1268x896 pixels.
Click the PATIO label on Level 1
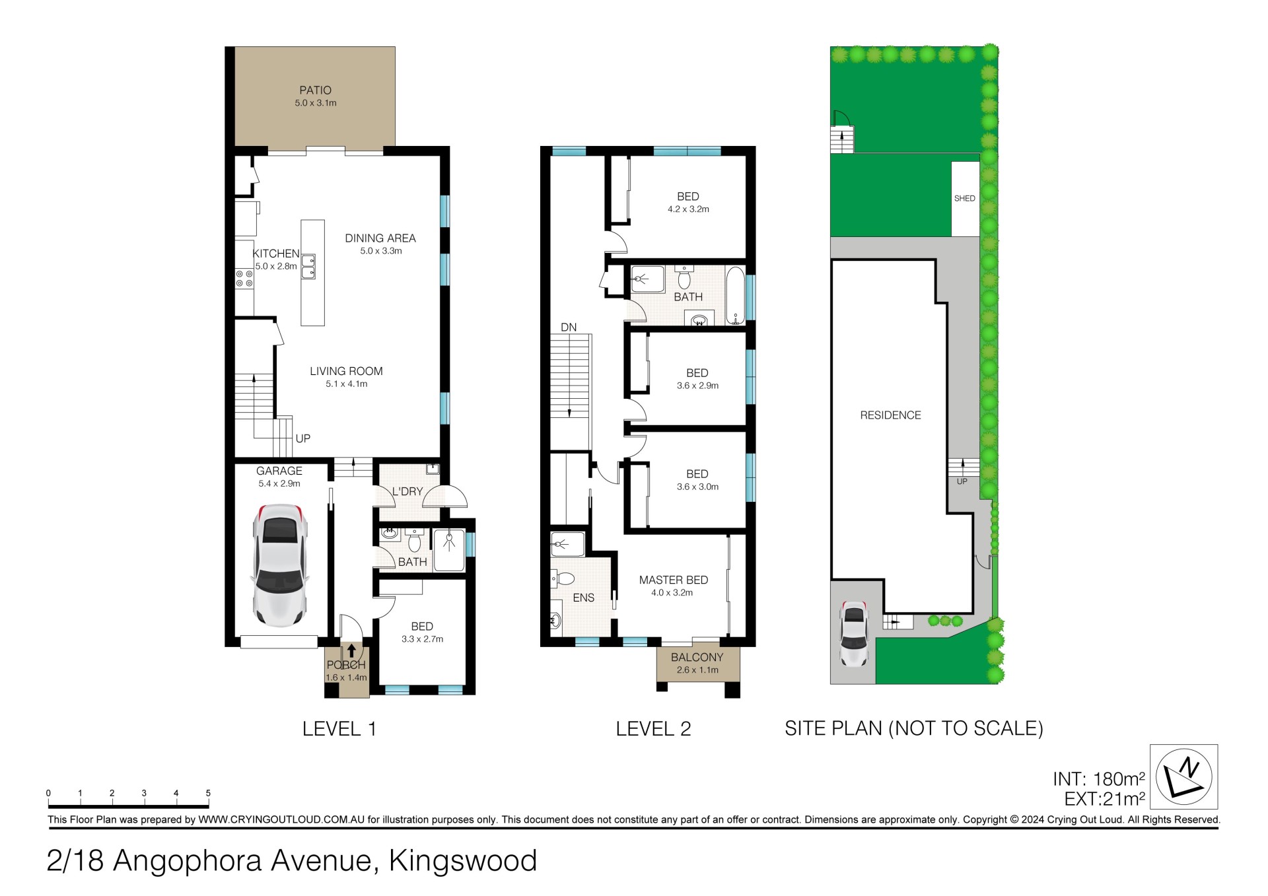click(x=315, y=90)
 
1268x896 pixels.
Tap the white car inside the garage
click(x=280, y=566)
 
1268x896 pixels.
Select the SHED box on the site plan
click(x=965, y=199)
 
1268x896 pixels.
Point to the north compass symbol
click(x=1184, y=777)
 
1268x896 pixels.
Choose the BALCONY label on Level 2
click(x=697, y=658)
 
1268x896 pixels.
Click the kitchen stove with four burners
click(x=244, y=279)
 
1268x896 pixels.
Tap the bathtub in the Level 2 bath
click(x=735, y=295)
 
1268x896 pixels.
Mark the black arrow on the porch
click(x=351, y=651)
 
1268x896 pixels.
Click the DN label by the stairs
click(x=569, y=327)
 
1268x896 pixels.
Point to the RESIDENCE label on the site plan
click(x=890, y=415)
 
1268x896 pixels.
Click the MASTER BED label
click(x=674, y=580)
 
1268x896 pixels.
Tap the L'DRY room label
click(x=407, y=492)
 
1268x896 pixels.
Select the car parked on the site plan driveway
click(x=854, y=634)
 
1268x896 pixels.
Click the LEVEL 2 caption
click(x=653, y=729)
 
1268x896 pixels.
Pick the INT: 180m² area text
click(x=1099, y=779)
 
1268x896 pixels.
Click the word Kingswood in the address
click(x=463, y=861)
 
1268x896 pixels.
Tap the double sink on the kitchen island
click(x=308, y=267)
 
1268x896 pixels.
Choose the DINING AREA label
click(x=380, y=238)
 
